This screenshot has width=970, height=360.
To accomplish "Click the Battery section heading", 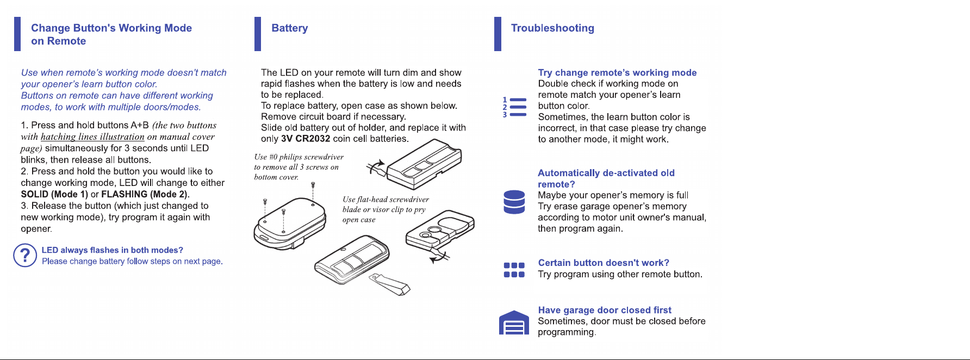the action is tap(289, 28).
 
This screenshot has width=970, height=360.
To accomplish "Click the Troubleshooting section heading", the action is tap(552, 28).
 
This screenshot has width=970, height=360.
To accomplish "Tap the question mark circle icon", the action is tap(25, 256).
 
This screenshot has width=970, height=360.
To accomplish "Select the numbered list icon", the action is tap(514, 107).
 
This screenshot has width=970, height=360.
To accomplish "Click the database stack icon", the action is tap(514, 202).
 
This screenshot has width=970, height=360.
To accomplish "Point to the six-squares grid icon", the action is tap(514, 270).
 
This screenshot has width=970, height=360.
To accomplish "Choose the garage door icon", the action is tap(514, 323).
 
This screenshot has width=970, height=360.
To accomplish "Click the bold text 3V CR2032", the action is tap(306, 139).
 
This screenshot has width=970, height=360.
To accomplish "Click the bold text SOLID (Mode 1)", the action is tap(54, 194).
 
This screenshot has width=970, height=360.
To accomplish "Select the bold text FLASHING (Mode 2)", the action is tap(145, 194).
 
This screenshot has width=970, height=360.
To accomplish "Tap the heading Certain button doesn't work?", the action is tap(604, 263).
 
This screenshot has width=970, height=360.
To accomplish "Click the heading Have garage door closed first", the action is tap(605, 310).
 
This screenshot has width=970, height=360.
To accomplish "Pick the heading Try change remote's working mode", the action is tap(617, 72).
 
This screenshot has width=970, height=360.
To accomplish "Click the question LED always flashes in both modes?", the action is tap(113, 250).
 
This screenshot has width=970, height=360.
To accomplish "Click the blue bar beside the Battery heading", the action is tap(258, 34).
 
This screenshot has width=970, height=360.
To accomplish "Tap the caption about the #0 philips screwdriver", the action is tap(299, 167).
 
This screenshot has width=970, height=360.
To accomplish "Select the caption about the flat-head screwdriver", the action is tap(385, 209).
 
